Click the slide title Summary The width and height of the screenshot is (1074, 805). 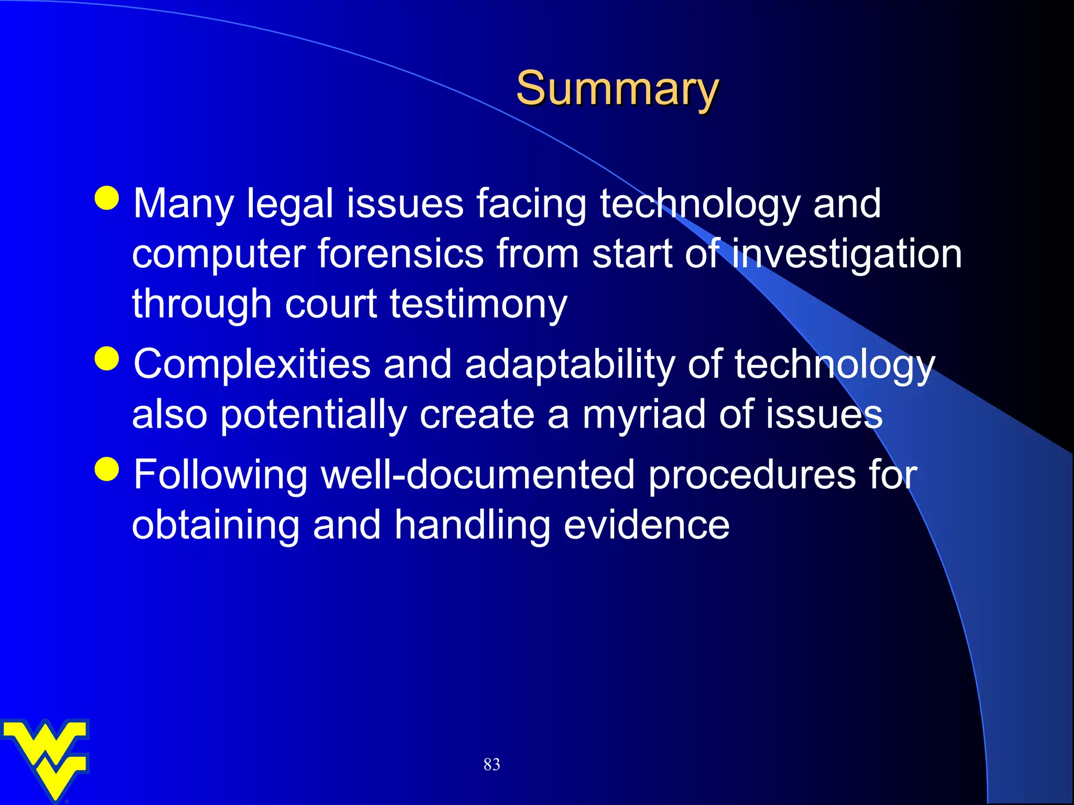pyautogui.click(x=617, y=89)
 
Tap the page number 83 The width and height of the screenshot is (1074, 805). pyautogui.click(x=491, y=765)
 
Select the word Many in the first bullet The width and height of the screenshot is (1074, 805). pyautogui.click(x=183, y=204)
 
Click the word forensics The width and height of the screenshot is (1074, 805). pyautogui.click(x=400, y=254)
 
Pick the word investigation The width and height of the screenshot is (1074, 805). pyautogui.click(x=846, y=254)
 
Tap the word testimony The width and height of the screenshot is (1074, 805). pyautogui.click(x=478, y=304)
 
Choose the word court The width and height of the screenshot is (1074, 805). pyautogui.click(x=331, y=304)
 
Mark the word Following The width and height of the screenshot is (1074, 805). pyautogui.click(x=221, y=475)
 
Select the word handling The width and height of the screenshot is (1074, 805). pyautogui.click(x=472, y=525)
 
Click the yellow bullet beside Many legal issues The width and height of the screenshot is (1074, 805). pyautogui.click(x=108, y=198)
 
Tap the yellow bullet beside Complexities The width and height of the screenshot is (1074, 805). pyautogui.click(x=108, y=358)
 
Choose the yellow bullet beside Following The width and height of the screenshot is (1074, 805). pyautogui.click(x=108, y=469)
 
